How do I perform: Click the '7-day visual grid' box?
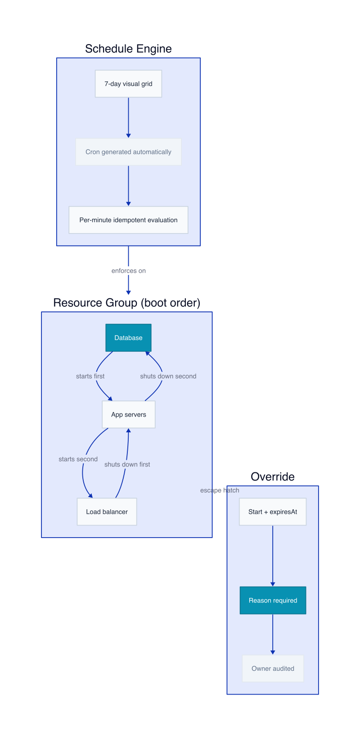pyautogui.click(x=128, y=84)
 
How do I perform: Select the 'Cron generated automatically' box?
pyautogui.click(x=128, y=152)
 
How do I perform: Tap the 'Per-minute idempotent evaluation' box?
pyautogui.click(x=128, y=220)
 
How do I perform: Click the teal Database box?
pyautogui.click(x=128, y=338)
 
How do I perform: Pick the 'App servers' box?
pyautogui.click(x=129, y=414)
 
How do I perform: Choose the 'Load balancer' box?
pyautogui.click(x=107, y=512)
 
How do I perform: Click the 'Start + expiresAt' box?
pyautogui.click(x=273, y=512)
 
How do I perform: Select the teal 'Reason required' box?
pyautogui.click(x=273, y=600)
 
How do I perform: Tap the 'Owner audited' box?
pyautogui.click(x=273, y=669)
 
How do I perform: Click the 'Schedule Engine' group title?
pyautogui.click(x=128, y=49)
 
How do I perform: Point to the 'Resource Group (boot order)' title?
pyautogui.click(x=126, y=303)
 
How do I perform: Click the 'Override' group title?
pyautogui.click(x=273, y=476)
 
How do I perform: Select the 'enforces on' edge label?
pyautogui.click(x=129, y=271)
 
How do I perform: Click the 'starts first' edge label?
pyautogui.click(x=90, y=376)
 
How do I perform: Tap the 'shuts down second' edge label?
pyautogui.click(x=168, y=376)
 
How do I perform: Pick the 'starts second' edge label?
pyautogui.click(x=78, y=459)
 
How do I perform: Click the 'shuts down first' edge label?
pyautogui.click(x=127, y=464)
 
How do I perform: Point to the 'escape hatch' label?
pyautogui.click(x=220, y=490)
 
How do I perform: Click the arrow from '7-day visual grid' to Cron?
pyautogui.click(x=129, y=117)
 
